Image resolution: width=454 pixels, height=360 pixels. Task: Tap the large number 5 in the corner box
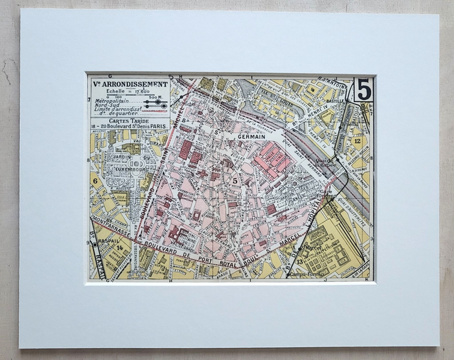pos(363,89)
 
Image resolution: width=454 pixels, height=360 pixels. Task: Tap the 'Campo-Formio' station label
pos(306,273)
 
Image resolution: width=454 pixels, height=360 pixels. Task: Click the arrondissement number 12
pos(358,141)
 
